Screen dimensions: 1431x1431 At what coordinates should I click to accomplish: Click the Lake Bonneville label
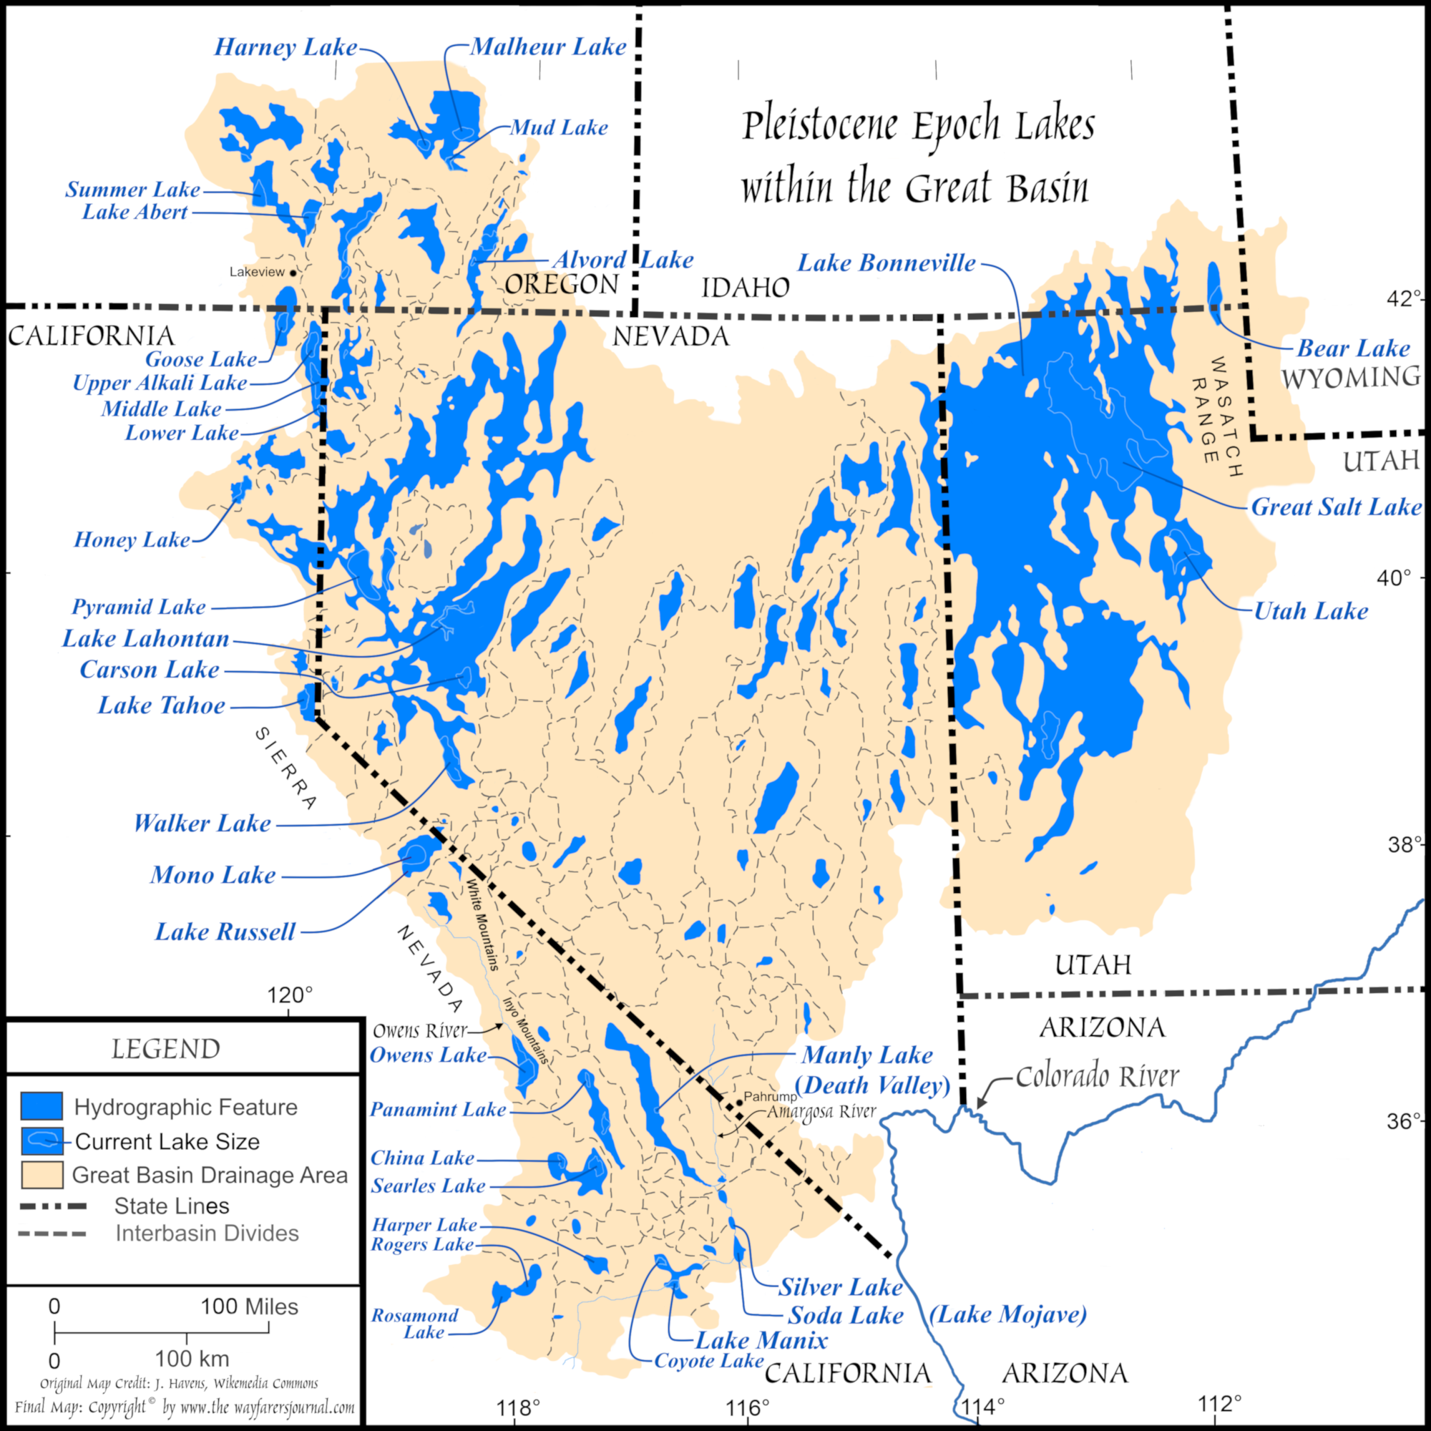pos(886,263)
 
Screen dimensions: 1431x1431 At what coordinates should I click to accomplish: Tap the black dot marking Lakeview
pos(293,273)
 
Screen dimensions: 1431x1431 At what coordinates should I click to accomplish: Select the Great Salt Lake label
pos(1336,507)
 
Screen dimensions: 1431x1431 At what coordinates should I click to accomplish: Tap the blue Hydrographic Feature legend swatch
pos(41,1106)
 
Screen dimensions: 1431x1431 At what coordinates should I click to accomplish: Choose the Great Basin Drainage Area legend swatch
pos(41,1176)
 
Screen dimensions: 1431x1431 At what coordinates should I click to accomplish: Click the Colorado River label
pos(1097,1076)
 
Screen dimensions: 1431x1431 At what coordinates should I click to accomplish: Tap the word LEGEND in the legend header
pos(166,1050)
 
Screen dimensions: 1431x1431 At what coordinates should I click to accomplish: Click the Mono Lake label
pos(213,875)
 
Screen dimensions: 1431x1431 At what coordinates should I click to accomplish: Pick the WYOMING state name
pos(1350,378)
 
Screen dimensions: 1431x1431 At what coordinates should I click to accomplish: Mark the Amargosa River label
pos(821,1112)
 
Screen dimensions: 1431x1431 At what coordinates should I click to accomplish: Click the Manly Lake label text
pos(867,1055)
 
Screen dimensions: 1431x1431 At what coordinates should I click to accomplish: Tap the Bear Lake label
pos(1353,348)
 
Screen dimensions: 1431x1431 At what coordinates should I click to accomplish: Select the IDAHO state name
pos(745,288)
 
